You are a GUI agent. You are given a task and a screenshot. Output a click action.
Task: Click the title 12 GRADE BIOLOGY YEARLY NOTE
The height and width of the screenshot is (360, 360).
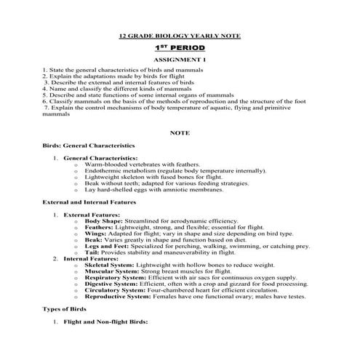179,36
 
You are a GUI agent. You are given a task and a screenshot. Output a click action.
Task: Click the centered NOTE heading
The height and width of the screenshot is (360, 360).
179,133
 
